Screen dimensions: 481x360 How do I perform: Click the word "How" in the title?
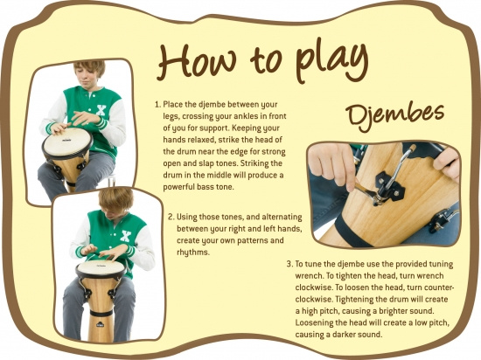[197, 60]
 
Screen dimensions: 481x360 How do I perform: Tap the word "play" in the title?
[332, 61]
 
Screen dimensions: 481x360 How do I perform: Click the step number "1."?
[157, 105]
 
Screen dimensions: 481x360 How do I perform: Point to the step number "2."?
[171, 217]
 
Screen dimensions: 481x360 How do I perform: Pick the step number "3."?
[289, 264]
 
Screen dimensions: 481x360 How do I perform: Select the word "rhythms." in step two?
[193, 253]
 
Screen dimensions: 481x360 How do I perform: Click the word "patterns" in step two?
[244, 240]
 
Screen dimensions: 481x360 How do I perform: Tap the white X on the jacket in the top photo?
[101, 110]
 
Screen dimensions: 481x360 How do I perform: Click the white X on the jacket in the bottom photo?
[125, 236]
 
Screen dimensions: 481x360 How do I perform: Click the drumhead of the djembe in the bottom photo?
[101, 267]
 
